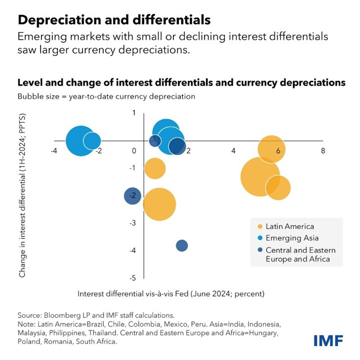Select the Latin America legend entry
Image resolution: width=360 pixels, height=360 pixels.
pos(289,226)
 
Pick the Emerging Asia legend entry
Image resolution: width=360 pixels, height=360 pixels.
pos(291,238)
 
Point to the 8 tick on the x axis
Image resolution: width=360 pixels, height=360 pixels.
pos(322,150)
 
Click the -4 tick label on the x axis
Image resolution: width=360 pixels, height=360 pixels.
pos(53,150)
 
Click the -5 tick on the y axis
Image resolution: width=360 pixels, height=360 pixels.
pos(132,277)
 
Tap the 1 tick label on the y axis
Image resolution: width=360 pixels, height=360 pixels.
pos(134,113)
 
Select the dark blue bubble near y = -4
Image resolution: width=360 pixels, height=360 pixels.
pos(182,245)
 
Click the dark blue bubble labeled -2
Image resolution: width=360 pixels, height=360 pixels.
pos(132,195)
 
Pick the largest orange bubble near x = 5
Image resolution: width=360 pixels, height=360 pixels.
pos(259,176)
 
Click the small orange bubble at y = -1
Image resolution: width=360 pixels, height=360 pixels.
pos(155,168)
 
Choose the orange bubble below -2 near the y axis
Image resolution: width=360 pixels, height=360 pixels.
pos(159,204)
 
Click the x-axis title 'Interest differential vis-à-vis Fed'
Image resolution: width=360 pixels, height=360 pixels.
pos(170,293)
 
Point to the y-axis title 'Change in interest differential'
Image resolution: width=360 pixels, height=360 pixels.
pos(22,195)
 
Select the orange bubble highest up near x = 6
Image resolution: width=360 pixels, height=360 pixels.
pos(271,149)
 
